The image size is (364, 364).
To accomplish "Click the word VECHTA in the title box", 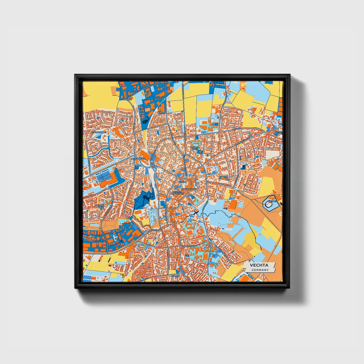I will pos(259,265).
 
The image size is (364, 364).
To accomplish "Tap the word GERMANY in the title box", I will pos(260,270).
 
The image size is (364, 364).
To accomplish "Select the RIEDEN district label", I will pos(128,100).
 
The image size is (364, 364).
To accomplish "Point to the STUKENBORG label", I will pos(99,132).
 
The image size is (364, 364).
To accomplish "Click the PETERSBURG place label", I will pos(138,159).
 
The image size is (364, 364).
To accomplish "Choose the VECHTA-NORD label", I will pos(195,148).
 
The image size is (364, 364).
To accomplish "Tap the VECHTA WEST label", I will pos(100,206).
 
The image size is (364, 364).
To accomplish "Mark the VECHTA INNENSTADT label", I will pos(178,193).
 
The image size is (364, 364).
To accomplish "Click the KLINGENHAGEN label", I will pos(189,189).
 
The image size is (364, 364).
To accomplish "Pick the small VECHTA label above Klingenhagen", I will pos(182,182).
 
